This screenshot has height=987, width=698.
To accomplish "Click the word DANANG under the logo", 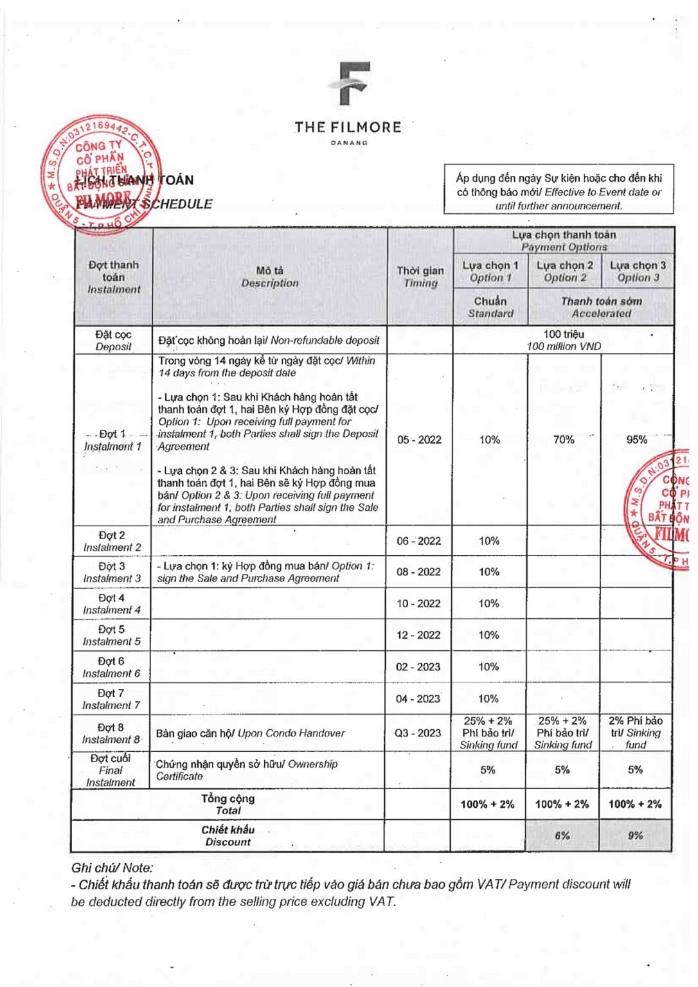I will point(349,143).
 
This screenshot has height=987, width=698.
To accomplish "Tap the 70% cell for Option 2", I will point(564,440).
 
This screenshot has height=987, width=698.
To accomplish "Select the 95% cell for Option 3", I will point(636,440).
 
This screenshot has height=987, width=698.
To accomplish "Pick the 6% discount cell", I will point(562,835).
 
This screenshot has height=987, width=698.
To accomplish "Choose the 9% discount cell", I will point(635,835).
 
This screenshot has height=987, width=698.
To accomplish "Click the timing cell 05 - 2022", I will point(419,440).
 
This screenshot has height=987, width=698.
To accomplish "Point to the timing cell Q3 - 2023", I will point(418,733).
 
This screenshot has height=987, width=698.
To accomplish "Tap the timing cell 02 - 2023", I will point(418,667).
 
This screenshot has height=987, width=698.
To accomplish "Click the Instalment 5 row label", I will point(111,636).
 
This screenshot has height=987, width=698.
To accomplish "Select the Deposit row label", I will point(113,341).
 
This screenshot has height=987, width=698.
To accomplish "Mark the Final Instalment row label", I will point(111,770).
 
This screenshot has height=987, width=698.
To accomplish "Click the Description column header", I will point(269,277).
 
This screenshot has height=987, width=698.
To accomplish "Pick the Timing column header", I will point(420,277).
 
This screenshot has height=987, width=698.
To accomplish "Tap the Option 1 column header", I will point(490,271).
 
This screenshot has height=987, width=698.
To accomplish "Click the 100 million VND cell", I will point(564,341).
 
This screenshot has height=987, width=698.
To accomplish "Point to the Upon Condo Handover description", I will point(250,733).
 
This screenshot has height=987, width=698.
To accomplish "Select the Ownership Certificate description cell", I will point(247,770).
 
